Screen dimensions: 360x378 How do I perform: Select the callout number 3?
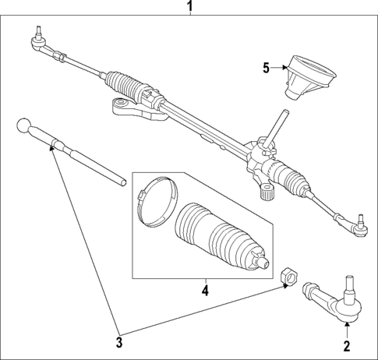(119, 341)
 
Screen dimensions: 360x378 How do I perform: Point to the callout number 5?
(266, 67)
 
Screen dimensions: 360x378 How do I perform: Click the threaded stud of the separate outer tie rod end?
(347, 280)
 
